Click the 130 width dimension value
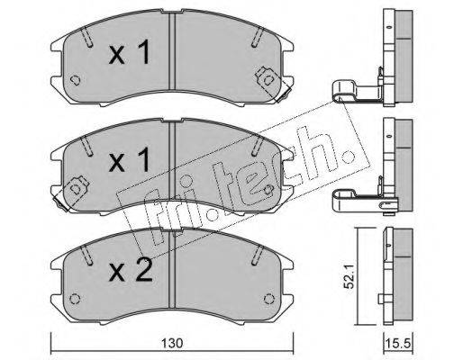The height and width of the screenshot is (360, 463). (172, 343)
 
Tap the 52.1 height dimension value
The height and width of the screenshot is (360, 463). (350, 276)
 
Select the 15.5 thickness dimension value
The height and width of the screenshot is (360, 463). (399, 343)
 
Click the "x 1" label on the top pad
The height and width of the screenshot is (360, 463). (130, 52)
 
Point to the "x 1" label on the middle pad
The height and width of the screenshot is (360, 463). (130, 160)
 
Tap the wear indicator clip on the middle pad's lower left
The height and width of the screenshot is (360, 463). (70, 193)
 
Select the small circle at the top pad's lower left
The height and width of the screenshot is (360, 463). (75, 80)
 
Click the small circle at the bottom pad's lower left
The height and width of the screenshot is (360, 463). (75, 299)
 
